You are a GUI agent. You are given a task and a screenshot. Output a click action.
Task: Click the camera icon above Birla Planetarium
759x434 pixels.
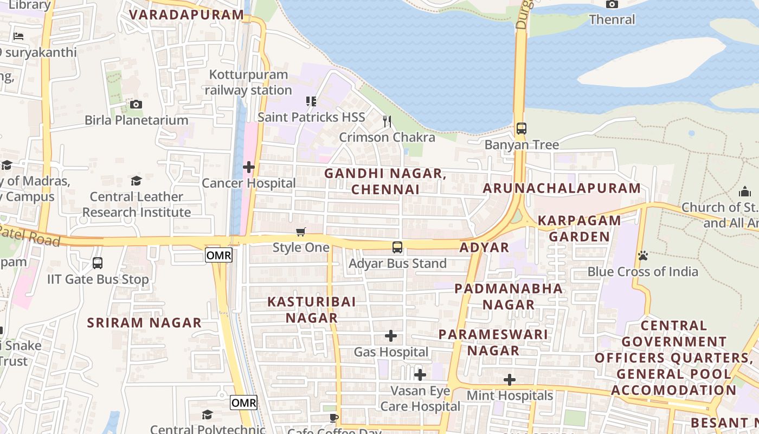pyautogui.click(x=136, y=104)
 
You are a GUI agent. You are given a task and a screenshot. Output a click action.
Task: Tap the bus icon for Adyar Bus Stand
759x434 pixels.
pyautogui.click(x=397, y=247)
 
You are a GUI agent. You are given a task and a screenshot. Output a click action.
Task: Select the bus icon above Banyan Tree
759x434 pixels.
pyautogui.click(x=521, y=129)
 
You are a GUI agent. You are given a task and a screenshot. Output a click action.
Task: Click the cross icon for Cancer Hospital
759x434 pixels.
pyautogui.click(x=249, y=167)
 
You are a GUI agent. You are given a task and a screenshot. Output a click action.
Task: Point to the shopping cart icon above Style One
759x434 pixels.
pyautogui.click(x=301, y=232)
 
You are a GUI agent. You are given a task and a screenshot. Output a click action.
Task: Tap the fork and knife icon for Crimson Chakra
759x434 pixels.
pyautogui.click(x=387, y=122)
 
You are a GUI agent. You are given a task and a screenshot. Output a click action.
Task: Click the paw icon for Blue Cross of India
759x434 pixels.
pyautogui.click(x=643, y=255)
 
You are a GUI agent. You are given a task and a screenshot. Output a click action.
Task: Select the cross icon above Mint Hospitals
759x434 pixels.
pyautogui.click(x=509, y=380)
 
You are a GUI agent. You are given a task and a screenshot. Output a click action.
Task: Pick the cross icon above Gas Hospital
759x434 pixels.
pyautogui.click(x=390, y=336)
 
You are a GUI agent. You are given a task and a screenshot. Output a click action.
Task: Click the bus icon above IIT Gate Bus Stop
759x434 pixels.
pyautogui.click(x=98, y=263)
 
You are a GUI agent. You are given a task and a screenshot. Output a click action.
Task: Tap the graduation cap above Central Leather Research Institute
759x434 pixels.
pyautogui.click(x=136, y=181)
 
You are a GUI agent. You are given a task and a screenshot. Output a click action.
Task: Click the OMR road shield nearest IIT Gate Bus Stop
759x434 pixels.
pyautogui.click(x=218, y=255)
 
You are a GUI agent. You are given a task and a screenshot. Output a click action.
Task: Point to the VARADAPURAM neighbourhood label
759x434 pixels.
pyautogui.click(x=186, y=15)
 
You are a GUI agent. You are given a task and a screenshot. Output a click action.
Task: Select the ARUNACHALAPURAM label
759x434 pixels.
pyautogui.click(x=562, y=188)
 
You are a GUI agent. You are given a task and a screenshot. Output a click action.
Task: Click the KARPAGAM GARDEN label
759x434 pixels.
pyautogui.click(x=579, y=228)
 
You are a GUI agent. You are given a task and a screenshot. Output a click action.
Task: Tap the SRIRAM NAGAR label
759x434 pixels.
pyautogui.click(x=144, y=323)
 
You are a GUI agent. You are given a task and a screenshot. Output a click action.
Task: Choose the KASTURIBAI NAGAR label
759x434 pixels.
pyautogui.click(x=312, y=310)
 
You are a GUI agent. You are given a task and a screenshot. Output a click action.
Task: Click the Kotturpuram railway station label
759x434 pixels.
pyautogui.click(x=248, y=82)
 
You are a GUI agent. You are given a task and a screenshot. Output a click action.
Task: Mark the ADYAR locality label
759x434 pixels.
pyautogui.click(x=484, y=247)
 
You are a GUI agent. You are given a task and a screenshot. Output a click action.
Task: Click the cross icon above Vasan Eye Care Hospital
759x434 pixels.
pyautogui.click(x=420, y=375)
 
